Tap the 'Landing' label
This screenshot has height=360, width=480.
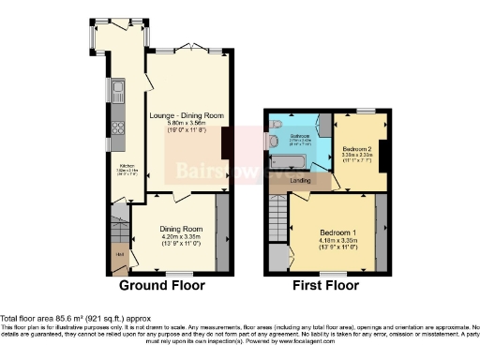[300, 180]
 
